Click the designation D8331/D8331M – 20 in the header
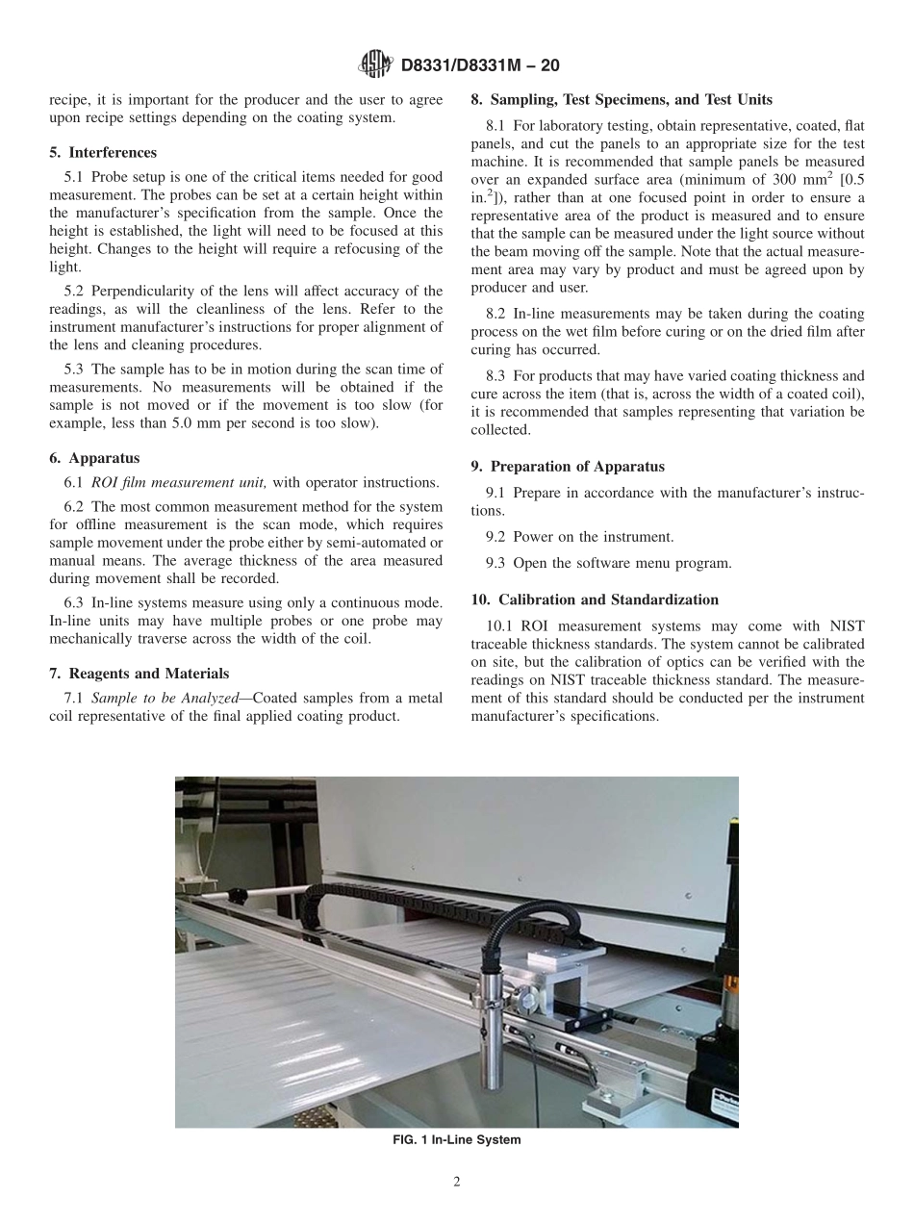479,65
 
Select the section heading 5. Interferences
103,152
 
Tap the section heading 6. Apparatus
94,458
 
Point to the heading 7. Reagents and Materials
139,673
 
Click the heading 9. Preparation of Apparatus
568,466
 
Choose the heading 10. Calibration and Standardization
595,599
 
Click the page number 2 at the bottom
457,1183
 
